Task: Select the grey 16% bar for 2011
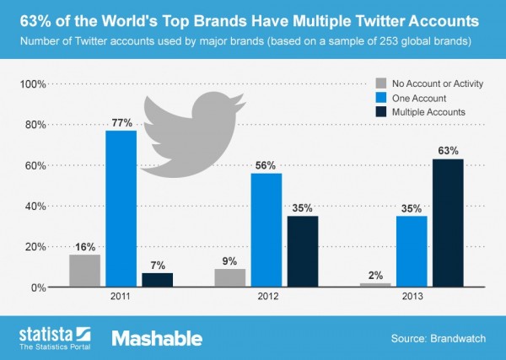(84, 271)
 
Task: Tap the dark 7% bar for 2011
(156, 280)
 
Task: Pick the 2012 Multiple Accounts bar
(302, 251)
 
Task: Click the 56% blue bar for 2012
(266, 230)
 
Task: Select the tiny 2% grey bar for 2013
(376, 285)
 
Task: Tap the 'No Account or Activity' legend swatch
(379, 83)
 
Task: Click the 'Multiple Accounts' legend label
(429, 111)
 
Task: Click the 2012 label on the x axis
(266, 298)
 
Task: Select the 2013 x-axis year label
(412, 298)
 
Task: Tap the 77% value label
(121, 122)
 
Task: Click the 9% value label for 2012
(230, 261)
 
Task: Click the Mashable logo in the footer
(157, 338)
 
